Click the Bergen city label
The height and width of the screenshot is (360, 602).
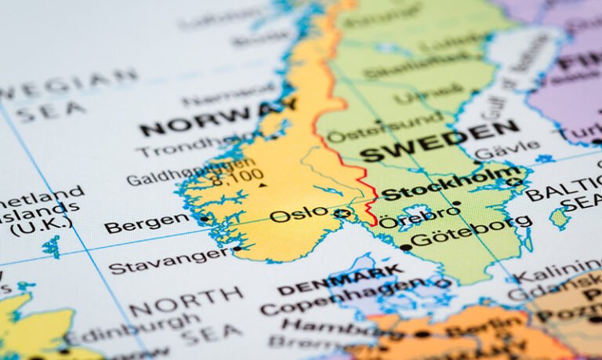(x=146, y=224)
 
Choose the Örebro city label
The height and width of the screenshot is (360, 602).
(x=419, y=214)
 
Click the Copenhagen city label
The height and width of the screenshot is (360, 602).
(x=345, y=296)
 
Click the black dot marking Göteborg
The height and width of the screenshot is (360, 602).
(x=405, y=247)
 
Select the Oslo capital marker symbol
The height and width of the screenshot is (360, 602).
(x=342, y=213)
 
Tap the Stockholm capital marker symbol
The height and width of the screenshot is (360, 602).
(x=513, y=182)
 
